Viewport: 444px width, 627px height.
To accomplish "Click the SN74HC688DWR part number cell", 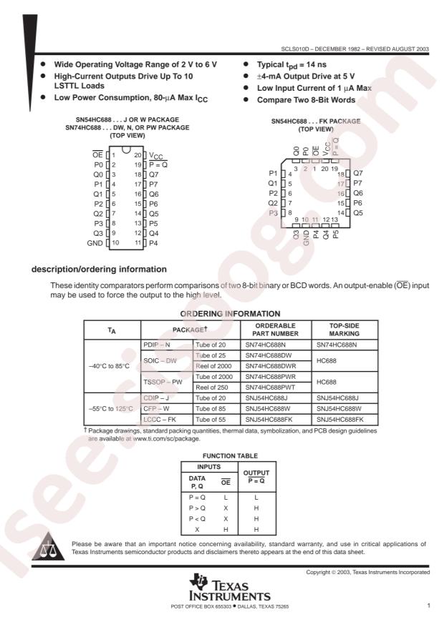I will tap(269, 362).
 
